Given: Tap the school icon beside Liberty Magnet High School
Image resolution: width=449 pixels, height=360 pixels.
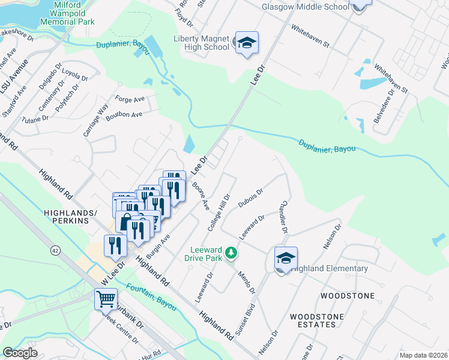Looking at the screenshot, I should pos(247,43).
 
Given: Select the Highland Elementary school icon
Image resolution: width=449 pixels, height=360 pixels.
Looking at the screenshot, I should pos(286,258).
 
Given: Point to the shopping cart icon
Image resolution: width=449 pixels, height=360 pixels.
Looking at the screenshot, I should pos(106,298).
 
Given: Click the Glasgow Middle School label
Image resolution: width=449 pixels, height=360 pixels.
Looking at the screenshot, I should pos(305,7).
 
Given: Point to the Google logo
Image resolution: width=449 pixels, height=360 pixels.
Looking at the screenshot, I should pos(20,353).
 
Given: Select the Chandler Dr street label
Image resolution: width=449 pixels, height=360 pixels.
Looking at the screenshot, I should pos(282,221).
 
